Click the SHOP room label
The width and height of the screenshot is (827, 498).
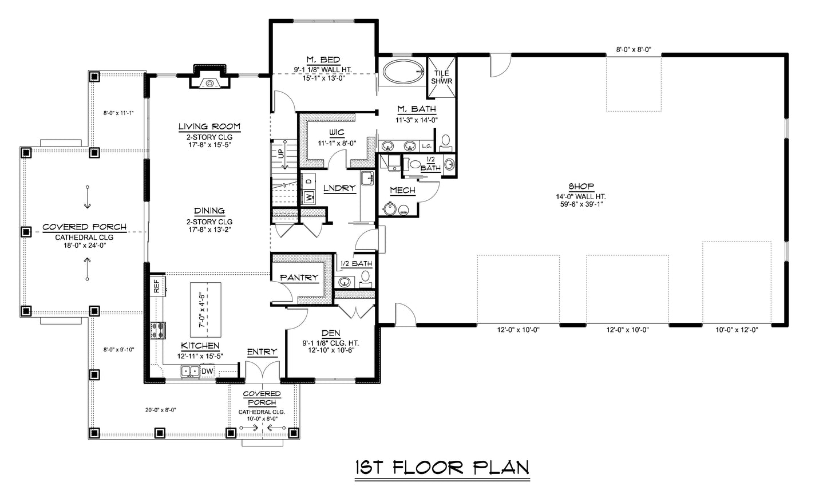(x=581, y=187)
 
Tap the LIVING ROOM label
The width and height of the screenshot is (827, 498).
(x=209, y=127)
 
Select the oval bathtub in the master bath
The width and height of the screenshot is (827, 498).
(x=403, y=72)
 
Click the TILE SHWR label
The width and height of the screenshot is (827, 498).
(x=442, y=77)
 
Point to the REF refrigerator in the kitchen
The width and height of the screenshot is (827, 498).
(x=157, y=286)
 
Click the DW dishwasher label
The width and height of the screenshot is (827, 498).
(x=208, y=371)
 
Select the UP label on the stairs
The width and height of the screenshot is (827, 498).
(x=282, y=153)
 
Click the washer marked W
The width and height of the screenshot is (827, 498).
(x=308, y=197)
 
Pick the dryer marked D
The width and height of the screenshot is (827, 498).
(x=308, y=181)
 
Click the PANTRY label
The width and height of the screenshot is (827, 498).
(x=299, y=277)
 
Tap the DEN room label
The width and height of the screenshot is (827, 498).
(x=331, y=333)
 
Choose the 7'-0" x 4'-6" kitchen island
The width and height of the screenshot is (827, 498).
(x=205, y=310)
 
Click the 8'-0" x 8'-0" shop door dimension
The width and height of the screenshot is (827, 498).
(x=634, y=49)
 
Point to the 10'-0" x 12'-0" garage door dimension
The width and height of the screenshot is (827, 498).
(x=737, y=330)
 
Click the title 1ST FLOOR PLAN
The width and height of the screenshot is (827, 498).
(x=442, y=468)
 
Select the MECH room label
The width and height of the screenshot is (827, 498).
(x=403, y=191)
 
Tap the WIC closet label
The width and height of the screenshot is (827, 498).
(x=337, y=133)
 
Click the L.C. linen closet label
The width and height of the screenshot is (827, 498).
(x=426, y=146)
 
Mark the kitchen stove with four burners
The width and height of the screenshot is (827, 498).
(x=157, y=330)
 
